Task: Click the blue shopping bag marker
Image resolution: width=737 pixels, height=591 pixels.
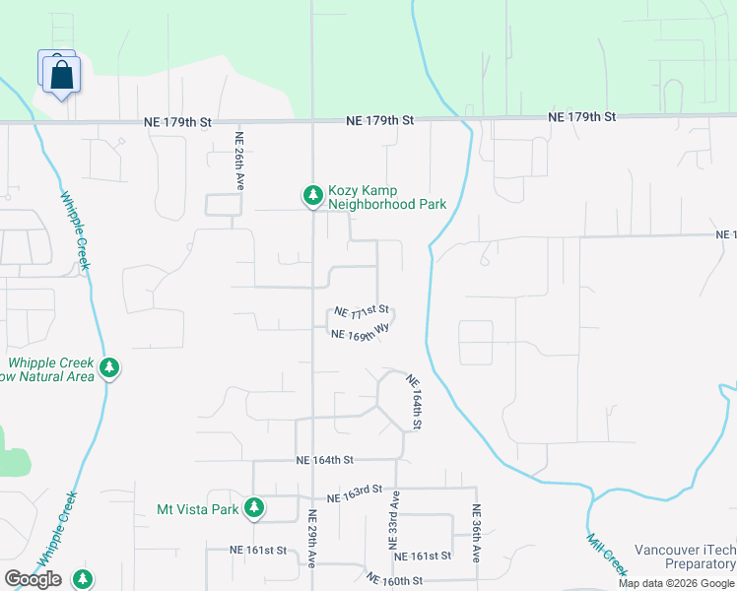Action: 61,74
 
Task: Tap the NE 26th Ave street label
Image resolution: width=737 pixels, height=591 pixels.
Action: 238,163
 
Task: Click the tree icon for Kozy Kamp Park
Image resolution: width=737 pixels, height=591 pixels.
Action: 312,196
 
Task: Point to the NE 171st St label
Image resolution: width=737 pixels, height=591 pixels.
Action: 362,311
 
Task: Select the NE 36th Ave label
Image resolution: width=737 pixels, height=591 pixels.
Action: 477,533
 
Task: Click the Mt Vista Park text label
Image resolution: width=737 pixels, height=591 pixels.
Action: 198,509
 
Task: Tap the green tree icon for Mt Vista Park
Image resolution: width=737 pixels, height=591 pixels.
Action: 254,507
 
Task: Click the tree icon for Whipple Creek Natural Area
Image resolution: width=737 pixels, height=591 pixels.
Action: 109,368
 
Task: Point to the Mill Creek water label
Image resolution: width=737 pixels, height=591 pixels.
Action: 607,555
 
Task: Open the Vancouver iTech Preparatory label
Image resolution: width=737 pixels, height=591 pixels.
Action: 685,557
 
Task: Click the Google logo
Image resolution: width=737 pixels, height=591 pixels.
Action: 33,579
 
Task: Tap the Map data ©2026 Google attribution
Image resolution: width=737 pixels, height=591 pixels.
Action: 677,583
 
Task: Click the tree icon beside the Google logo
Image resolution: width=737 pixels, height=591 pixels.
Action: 84,579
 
